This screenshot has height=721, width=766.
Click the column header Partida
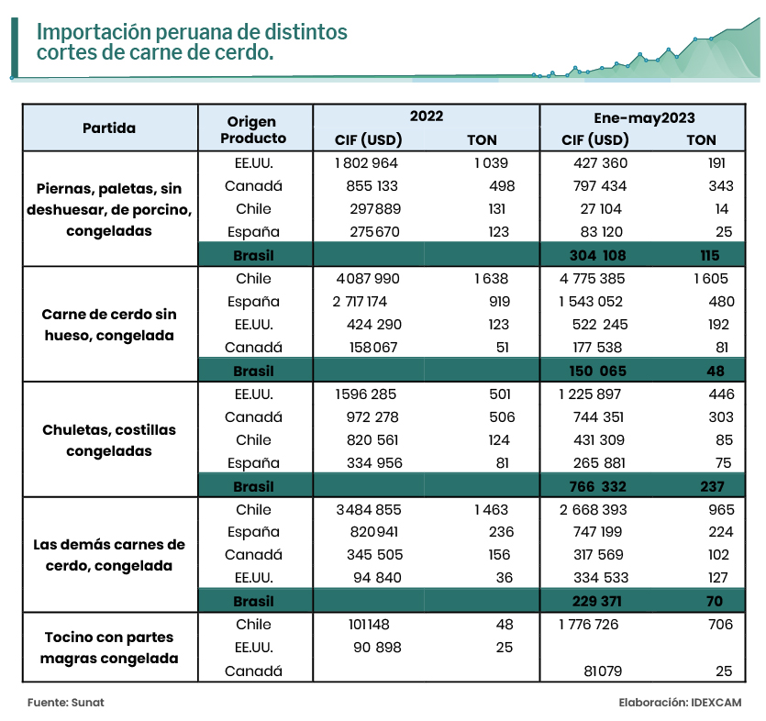point(109,128)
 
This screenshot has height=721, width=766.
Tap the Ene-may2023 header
point(644,117)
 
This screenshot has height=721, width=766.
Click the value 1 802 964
point(367,163)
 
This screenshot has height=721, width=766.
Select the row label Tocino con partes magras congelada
point(109,648)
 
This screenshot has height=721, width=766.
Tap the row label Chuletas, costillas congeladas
point(109,440)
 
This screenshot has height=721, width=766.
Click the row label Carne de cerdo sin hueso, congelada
point(109,325)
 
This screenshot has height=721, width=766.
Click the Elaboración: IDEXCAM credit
point(680,702)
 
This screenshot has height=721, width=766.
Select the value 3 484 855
point(370,509)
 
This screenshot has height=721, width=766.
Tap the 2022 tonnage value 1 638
point(491,279)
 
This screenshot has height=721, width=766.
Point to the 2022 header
point(426,116)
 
